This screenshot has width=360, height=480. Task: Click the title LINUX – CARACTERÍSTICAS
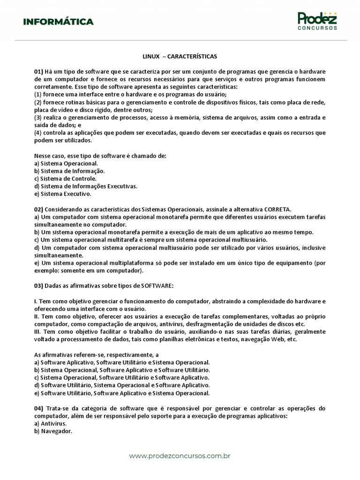click(180, 56)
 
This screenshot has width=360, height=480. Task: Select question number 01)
click(38, 71)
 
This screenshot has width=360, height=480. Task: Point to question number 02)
click(38, 209)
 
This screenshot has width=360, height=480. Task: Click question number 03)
click(38, 286)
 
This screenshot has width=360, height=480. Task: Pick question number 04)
click(38, 408)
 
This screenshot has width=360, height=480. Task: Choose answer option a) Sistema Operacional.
click(66, 164)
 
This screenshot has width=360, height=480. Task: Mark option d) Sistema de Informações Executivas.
click(86, 186)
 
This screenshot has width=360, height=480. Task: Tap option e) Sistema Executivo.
click(63, 194)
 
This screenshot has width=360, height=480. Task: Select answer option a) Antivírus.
click(51, 423)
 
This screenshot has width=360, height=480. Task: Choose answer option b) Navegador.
click(53, 431)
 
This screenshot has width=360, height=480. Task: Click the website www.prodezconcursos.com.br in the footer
click(180, 456)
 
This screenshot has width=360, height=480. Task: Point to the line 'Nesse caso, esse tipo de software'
click(100, 156)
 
